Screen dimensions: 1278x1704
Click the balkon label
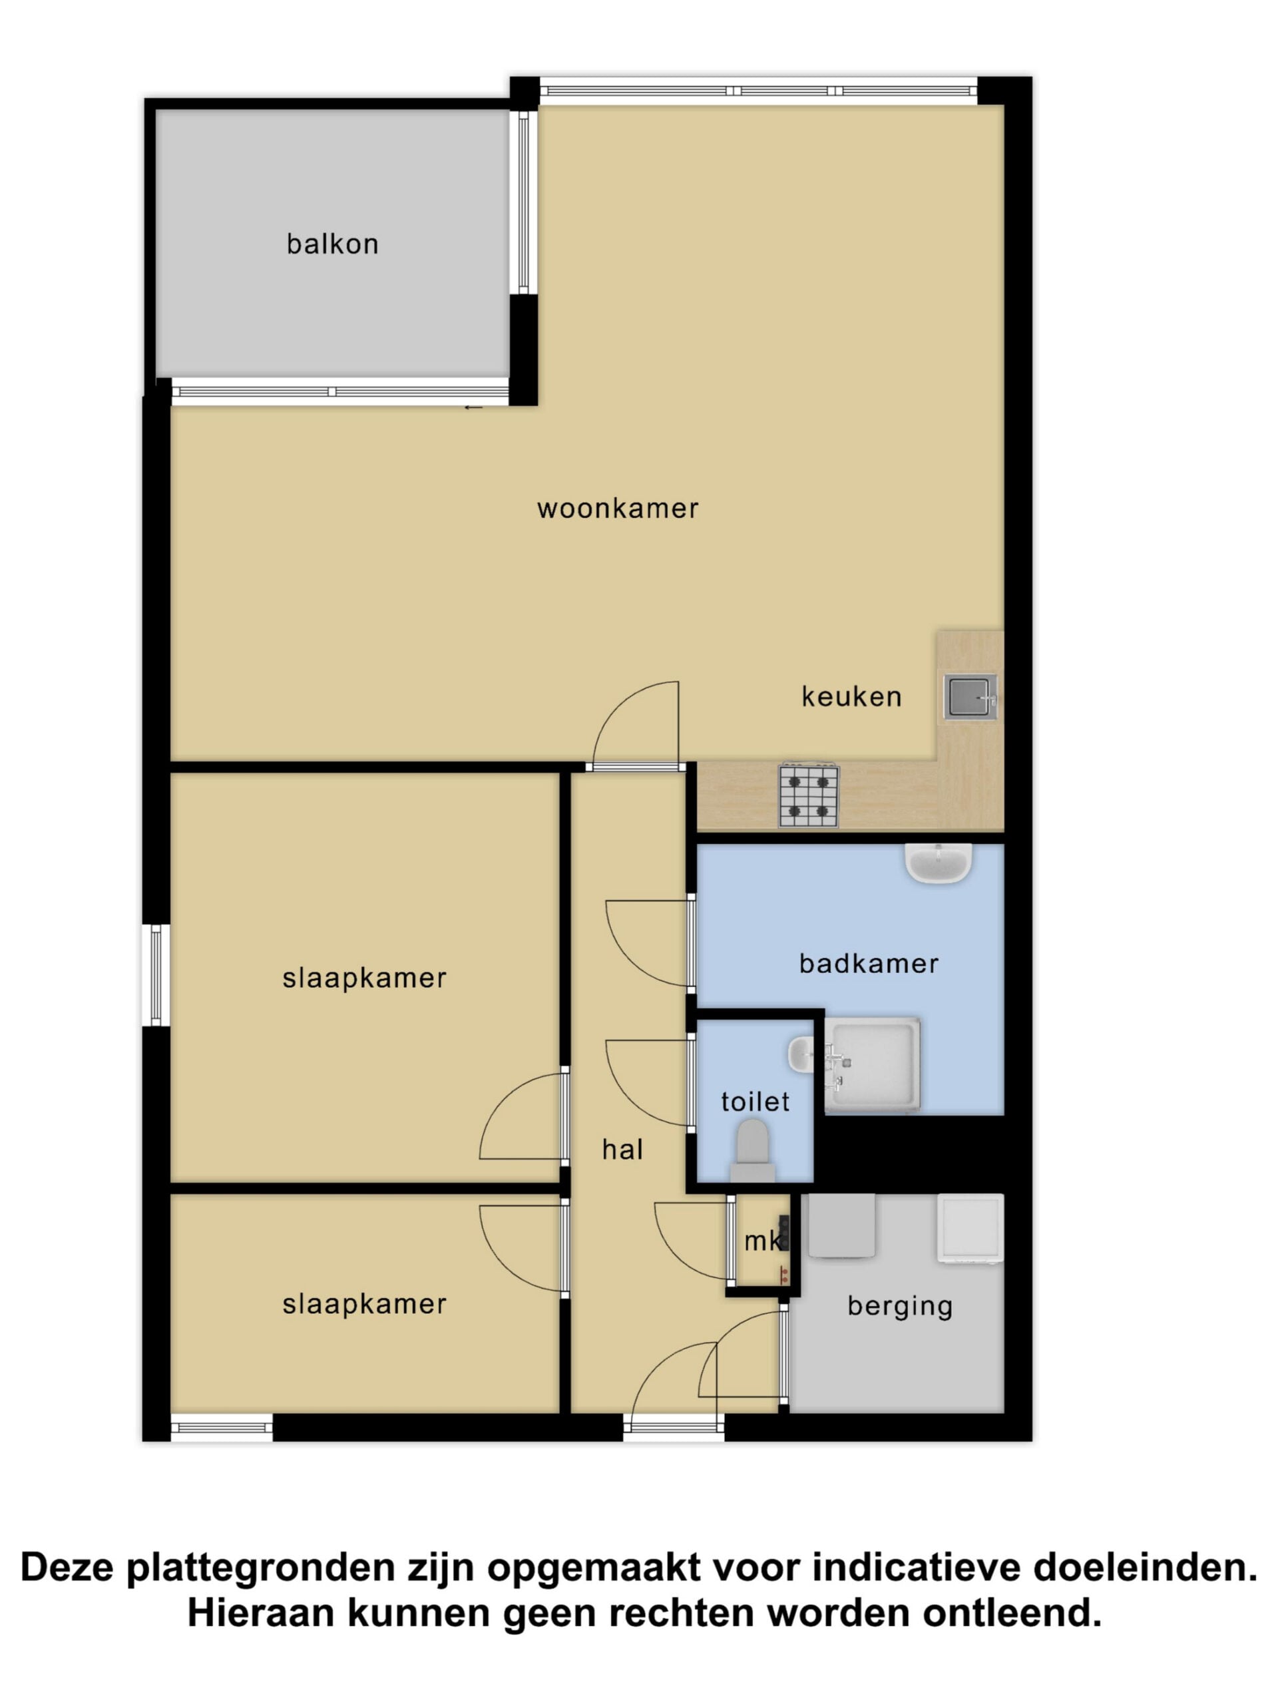[332, 244]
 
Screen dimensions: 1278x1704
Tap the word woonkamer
[618, 509]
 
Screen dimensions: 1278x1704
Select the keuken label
[851, 696]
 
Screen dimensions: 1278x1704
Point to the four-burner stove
[809, 796]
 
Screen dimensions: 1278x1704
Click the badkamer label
[869, 964]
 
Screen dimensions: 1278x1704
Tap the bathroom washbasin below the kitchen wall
[939, 862]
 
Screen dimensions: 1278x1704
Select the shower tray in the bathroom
[872, 1064]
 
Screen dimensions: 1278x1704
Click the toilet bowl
[753, 1150]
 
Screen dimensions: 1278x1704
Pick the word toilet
[755, 1102]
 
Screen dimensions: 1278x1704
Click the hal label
[622, 1150]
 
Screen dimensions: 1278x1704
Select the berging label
[900, 1306]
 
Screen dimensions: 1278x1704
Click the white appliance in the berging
[970, 1229]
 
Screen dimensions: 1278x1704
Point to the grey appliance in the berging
[841, 1226]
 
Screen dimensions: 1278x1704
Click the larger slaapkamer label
[364, 978]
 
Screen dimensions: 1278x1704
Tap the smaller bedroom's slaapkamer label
[364, 1304]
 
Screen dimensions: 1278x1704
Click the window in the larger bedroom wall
[156, 975]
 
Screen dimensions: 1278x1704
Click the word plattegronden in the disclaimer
[261, 1567]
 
